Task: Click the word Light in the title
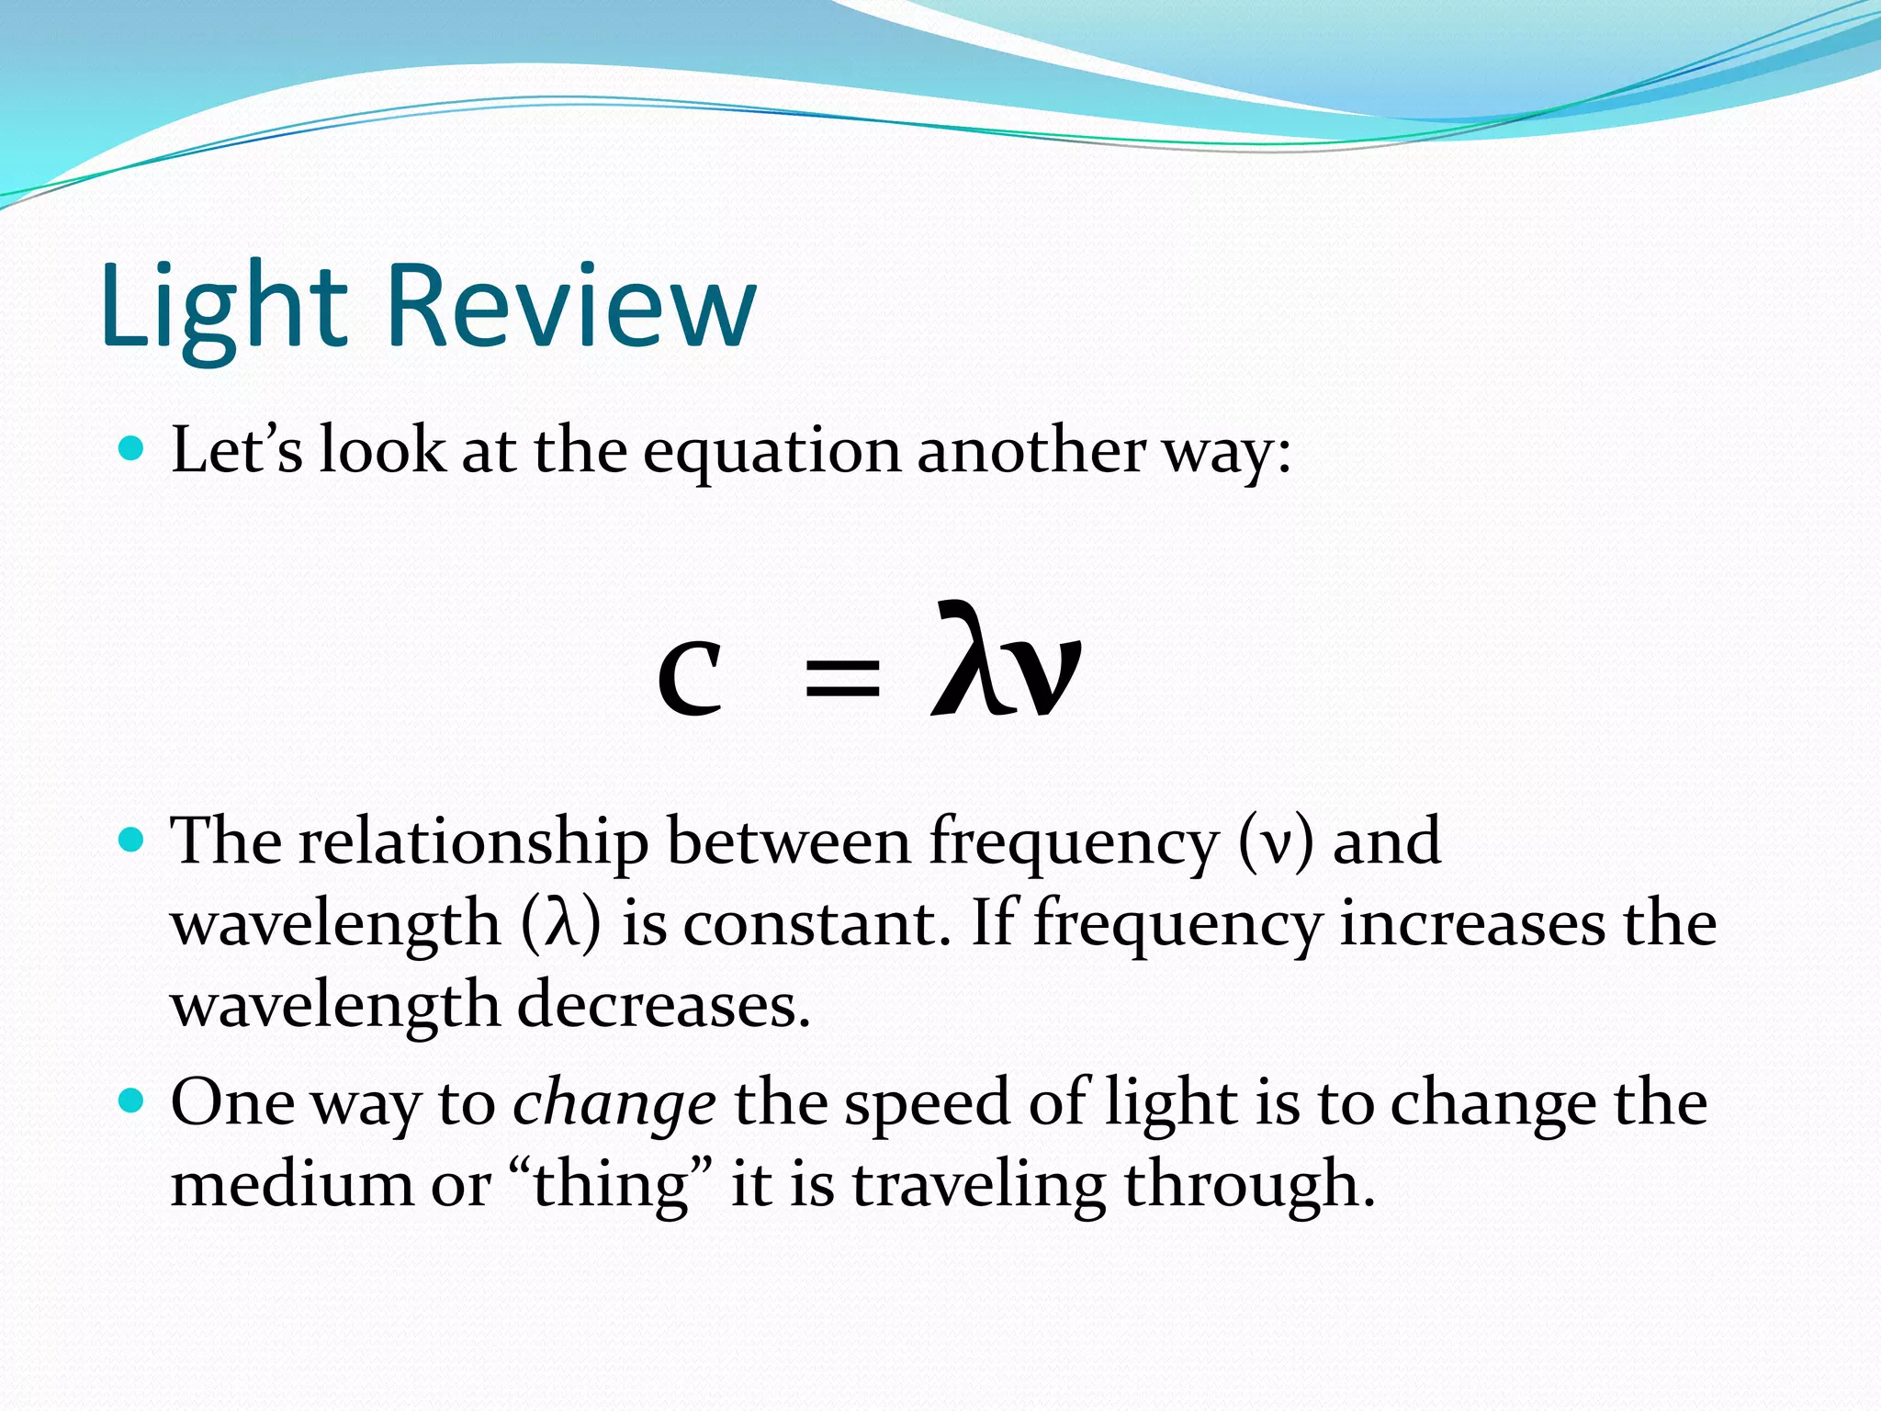pos(224,307)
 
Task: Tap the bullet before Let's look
pos(132,448)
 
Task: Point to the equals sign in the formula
pos(841,681)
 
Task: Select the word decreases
pos(663,1005)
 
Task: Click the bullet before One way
pos(132,1100)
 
